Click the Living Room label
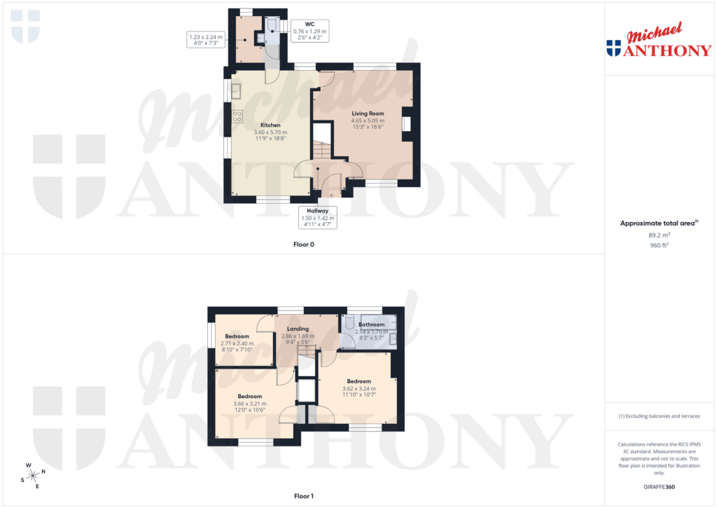368,114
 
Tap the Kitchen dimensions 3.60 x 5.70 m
270,132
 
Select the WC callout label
309,24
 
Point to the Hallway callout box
317,217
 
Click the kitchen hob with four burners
237,116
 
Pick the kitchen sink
236,91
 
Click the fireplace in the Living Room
405,124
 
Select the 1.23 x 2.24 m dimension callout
205,40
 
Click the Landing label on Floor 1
298,329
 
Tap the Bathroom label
371,324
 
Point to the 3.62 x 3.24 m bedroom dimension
358,389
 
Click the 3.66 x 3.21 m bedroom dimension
249,404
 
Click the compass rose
32,475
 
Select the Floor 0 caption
303,245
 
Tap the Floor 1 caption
303,496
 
